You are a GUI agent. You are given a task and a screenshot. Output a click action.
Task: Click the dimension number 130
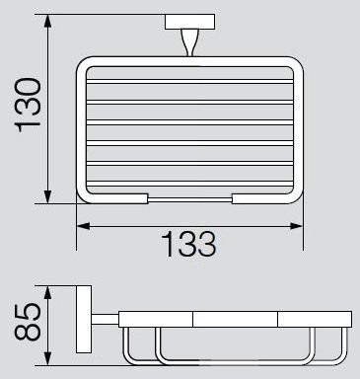tap(28, 105)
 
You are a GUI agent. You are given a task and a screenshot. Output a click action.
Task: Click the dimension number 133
tap(188, 244)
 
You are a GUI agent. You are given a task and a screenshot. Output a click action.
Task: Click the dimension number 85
tap(28, 322)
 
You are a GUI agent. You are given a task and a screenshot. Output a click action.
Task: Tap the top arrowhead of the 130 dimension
tap(48, 21)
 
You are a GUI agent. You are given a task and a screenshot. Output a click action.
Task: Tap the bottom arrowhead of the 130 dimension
tap(48, 196)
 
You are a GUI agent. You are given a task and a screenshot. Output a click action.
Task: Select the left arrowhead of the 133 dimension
tap(83, 226)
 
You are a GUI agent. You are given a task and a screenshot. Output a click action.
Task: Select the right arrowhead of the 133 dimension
tap(296, 226)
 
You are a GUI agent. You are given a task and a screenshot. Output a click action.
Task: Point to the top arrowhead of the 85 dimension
tap(48, 292)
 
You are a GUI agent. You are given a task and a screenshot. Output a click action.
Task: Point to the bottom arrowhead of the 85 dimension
tap(48, 358)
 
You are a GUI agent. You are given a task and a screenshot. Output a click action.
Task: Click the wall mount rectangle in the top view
tap(189, 22)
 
